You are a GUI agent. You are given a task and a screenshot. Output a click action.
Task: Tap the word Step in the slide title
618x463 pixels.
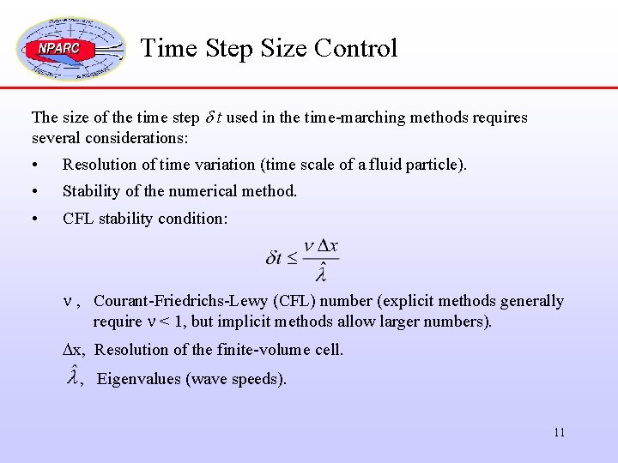(231, 48)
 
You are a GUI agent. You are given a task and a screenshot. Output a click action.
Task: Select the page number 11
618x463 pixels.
(559, 432)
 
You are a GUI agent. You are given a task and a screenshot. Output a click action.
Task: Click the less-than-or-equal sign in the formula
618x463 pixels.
(292, 258)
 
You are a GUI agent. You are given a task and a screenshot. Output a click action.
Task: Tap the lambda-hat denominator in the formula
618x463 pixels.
(321, 274)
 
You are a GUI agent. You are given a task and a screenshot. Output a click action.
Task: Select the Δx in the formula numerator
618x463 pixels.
(328, 246)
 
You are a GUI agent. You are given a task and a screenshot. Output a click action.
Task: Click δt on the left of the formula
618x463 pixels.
(275, 258)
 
